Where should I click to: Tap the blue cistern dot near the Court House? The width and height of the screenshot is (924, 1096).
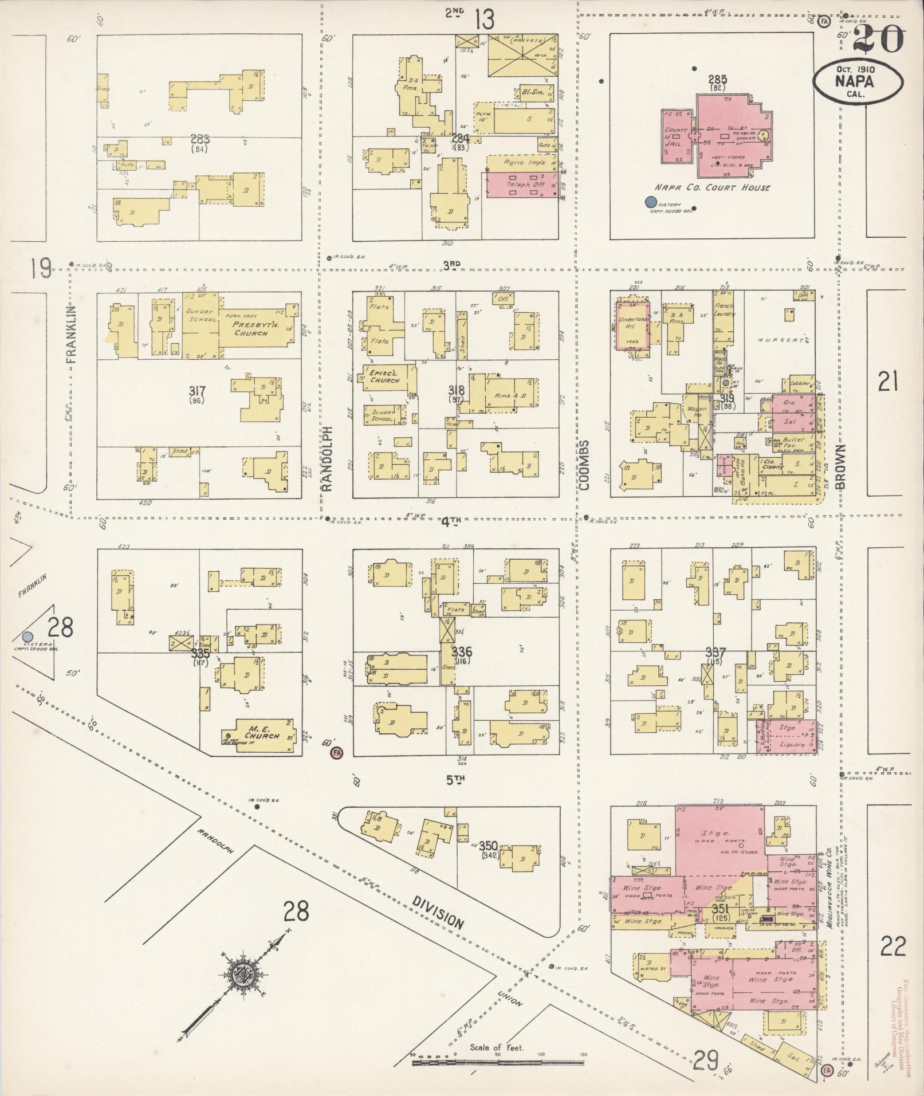[650, 202]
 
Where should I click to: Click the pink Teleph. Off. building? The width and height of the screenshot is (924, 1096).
[521, 185]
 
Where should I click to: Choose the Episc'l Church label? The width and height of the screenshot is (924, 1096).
[386, 376]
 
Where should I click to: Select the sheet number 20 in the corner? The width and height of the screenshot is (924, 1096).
[878, 38]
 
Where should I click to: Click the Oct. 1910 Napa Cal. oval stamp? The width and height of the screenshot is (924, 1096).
[858, 83]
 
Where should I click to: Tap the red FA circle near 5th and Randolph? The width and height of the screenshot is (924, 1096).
[336, 753]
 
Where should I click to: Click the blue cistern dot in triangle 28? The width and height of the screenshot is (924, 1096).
[27, 637]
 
